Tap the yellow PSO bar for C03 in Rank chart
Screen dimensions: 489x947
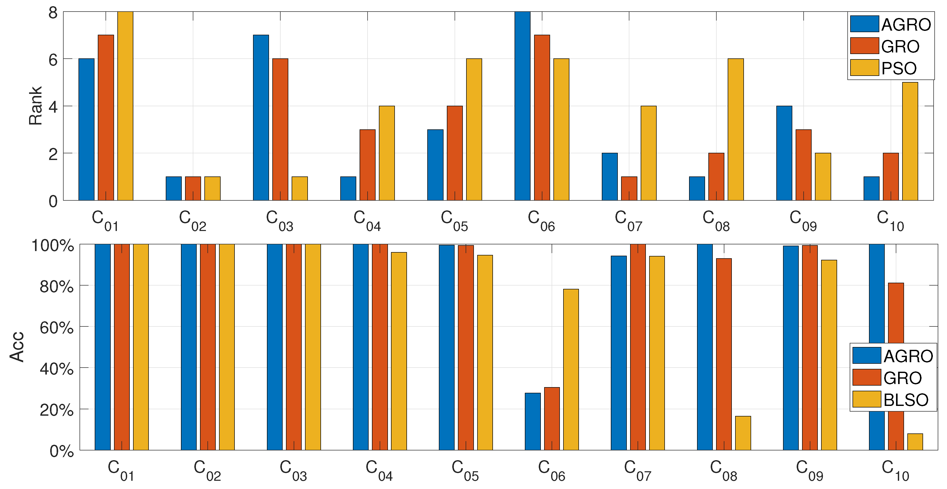[x=300, y=189]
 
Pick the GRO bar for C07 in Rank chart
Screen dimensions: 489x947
[x=629, y=189]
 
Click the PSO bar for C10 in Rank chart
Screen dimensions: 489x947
[x=910, y=141]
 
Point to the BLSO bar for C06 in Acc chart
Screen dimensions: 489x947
[x=571, y=369]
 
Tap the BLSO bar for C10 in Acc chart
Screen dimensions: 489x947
[x=915, y=442]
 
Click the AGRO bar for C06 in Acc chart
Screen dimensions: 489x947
[x=533, y=421]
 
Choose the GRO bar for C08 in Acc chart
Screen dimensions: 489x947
[x=724, y=354]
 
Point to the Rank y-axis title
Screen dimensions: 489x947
[x=36, y=106]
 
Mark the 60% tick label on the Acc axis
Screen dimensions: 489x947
[x=57, y=327]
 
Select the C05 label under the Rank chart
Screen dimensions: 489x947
[x=454, y=220]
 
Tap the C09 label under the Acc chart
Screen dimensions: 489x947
[x=809, y=470]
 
